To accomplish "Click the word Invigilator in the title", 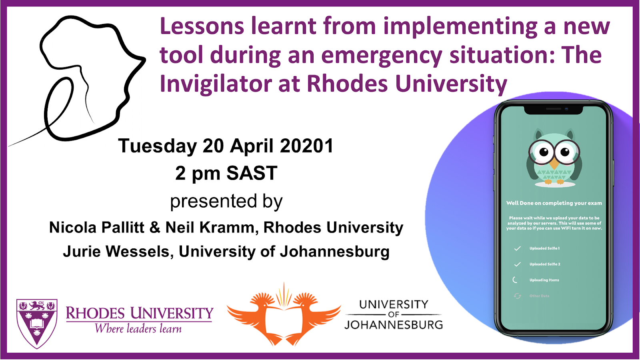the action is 216,84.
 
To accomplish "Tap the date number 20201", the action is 306,146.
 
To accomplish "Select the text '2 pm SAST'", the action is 226,173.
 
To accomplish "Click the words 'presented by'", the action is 226,202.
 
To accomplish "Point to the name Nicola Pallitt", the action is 97,228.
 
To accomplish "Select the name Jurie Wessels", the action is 116,252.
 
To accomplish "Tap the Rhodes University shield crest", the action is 37,323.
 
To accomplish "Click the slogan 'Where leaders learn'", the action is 138,328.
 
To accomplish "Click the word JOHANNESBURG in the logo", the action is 394,324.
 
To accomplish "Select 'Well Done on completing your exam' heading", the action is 554,203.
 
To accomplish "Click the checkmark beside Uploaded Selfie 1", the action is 518,248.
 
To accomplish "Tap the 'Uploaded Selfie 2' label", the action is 544,264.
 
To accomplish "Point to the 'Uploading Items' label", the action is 544,280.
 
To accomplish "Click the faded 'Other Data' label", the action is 539,296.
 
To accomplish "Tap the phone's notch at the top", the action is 553,110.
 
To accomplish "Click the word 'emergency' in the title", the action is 382,56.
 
